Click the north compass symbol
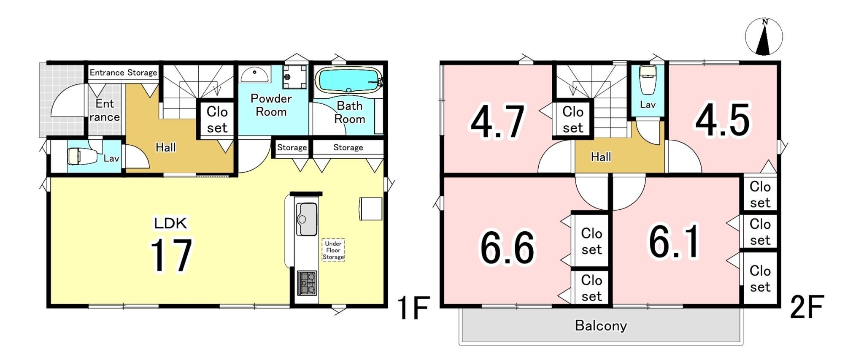(764, 37)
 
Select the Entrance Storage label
(123, 73)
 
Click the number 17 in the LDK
(171, 255)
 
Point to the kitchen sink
(307, 219)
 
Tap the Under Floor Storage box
(333, 250)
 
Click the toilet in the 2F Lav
(648, 80)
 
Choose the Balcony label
(601, 325)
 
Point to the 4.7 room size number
(498, 122)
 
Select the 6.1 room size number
(674, 241)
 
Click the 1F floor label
(414, 308)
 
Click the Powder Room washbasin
(255, 75)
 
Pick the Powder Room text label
(271, 105)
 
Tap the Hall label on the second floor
(601, 157)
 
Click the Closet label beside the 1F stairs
(217, 119)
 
